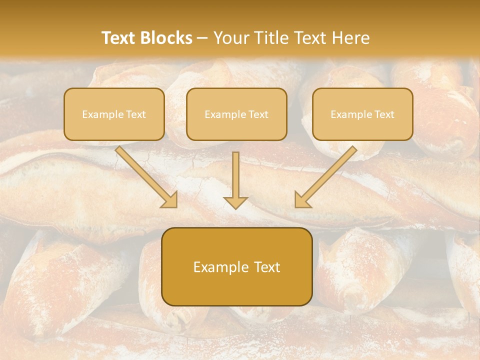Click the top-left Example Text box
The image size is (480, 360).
pos(114,114)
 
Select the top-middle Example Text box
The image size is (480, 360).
pos(236,114)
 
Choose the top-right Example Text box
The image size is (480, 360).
pos(362,114)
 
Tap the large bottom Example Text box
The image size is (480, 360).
pos(236,266)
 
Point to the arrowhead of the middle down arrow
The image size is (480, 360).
pos(235,202)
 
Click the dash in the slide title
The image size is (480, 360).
pos(202,38)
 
